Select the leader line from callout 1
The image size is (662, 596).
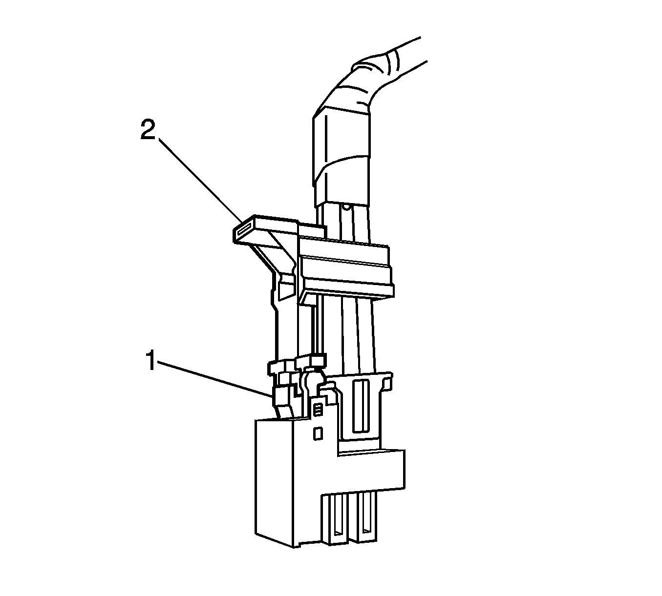point(215,378)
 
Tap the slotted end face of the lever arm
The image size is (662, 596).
point(244,230)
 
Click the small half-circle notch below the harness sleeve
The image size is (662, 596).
point(345,207)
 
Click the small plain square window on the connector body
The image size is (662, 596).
point(317,433)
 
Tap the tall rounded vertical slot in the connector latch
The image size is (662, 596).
point(361,406)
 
